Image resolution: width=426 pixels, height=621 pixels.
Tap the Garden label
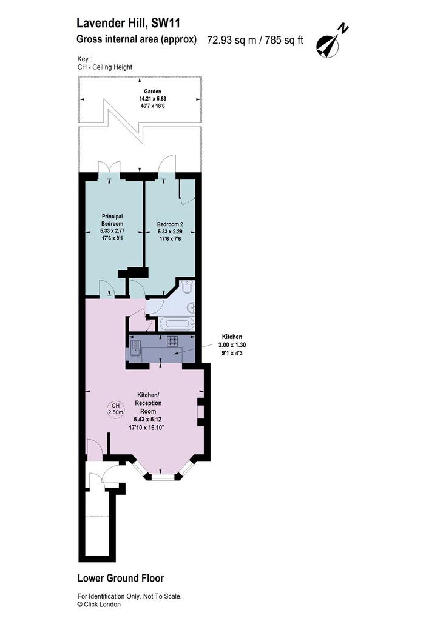[152, 92]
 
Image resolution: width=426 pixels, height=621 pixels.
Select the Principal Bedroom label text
[112, 220]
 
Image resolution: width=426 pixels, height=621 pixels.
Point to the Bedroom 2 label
[170, 224]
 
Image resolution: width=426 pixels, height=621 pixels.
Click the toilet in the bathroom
[187, 286]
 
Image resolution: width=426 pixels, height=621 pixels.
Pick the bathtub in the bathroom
[177, 323]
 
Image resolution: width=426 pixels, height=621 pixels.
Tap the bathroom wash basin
[192, 306]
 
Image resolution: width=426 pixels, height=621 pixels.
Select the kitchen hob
[173, 341]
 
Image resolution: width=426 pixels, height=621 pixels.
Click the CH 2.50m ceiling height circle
[116, 409]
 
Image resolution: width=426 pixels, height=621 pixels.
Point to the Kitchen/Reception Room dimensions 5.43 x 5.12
[148, 420]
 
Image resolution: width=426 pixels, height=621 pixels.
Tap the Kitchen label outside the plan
[232, 337]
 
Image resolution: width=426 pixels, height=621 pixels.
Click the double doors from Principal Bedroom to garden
[109, 167]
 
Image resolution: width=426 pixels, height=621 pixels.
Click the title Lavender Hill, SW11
[129, 24]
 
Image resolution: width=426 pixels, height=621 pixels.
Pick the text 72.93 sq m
[232, 40]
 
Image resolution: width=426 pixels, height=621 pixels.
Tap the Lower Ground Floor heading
[121, 578]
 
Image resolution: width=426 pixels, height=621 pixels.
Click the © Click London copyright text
[99, 605]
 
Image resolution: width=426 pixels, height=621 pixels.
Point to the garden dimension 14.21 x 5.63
[152, 99]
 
